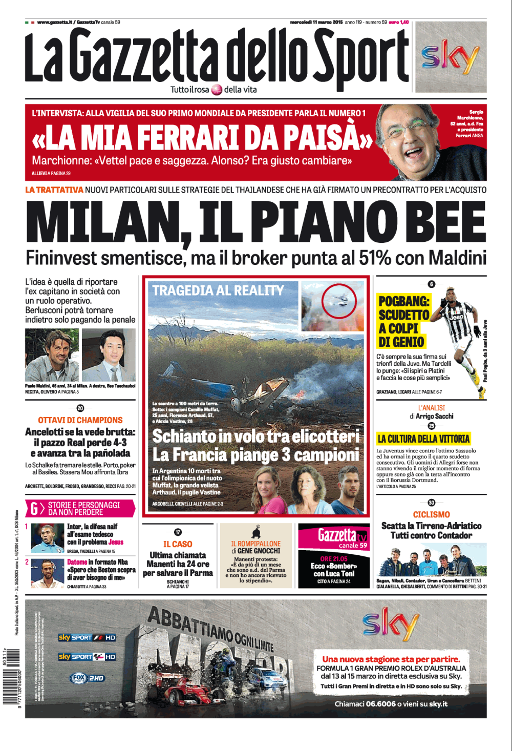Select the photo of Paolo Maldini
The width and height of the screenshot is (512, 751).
tap(52, 354)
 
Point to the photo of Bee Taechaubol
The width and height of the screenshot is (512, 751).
tap(109, 354)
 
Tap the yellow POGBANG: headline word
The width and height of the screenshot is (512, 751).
tap(404, 301)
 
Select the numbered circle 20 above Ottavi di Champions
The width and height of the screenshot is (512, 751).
tap(80, 408)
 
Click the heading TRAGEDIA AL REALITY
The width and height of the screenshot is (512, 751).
tap(218, 290)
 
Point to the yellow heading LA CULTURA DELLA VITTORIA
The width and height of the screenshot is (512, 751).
tap(423, 439)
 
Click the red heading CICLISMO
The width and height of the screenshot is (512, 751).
tap(431, 514)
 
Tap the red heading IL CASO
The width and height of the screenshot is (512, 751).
tap(178, 544)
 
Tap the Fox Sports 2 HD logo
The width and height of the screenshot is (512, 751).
tap(87, 678)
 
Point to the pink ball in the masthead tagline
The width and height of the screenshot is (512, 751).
tap(217, 90)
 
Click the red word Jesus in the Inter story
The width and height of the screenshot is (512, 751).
tap(116, 542)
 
